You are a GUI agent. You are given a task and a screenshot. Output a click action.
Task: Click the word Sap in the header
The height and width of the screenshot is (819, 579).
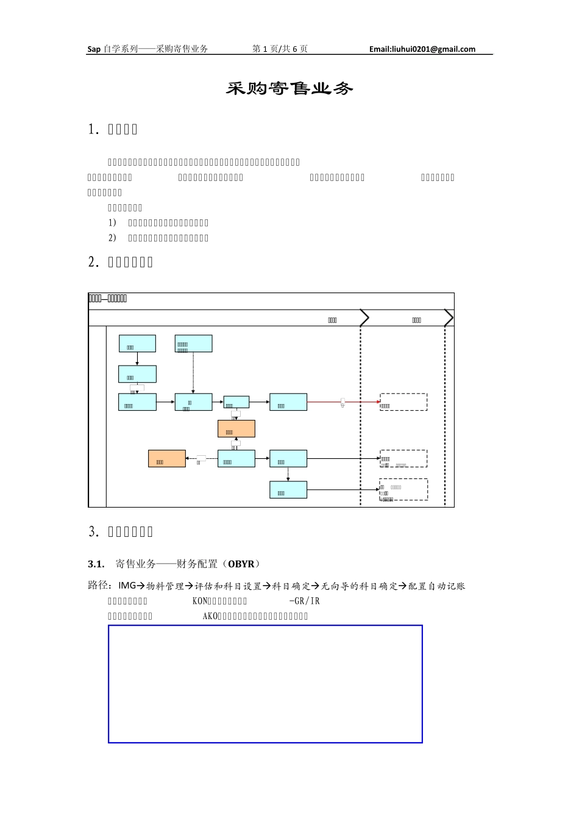(x=94, y=49)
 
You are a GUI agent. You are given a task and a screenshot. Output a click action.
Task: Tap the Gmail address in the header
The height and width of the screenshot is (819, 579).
(x=422, y=49)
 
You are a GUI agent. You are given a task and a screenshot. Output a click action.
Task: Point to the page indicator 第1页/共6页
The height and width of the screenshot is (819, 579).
(x=280, y=49)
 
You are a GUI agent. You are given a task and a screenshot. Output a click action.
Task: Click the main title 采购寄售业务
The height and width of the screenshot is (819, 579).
(x=289, y=89)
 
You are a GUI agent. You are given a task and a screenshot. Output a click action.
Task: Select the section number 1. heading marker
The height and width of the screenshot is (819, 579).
(x=93, y=129)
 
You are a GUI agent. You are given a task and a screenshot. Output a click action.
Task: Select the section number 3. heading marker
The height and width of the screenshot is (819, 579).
(x=93, y=531)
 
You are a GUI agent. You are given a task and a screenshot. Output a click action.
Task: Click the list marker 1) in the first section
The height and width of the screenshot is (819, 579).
(x=112, y=223)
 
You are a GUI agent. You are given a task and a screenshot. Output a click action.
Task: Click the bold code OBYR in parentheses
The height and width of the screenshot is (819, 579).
(x=241, y=564)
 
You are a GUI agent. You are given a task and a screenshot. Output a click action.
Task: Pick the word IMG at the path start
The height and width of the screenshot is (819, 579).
(x=127, y=586)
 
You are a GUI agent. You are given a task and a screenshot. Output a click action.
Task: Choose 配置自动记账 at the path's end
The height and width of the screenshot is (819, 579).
(x=436, y=586)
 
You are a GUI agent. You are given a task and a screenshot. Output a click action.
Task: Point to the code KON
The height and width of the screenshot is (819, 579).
(x=200, y=601)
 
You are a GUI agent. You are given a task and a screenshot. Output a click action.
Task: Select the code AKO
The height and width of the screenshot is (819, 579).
(x=210, y=616)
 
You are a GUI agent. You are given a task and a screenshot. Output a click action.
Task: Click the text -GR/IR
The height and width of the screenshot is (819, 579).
(x=304, y=601)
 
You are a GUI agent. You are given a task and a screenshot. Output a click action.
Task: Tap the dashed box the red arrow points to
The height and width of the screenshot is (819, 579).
(x=403, y=402)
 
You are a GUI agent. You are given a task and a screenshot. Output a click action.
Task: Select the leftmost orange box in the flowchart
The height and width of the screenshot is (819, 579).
(x=167, y=459)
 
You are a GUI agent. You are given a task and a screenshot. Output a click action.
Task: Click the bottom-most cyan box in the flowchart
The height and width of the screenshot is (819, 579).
(x=288, y=490)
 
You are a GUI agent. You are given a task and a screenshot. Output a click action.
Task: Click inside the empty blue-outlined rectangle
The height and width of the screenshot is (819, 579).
(x=265, y=684)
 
